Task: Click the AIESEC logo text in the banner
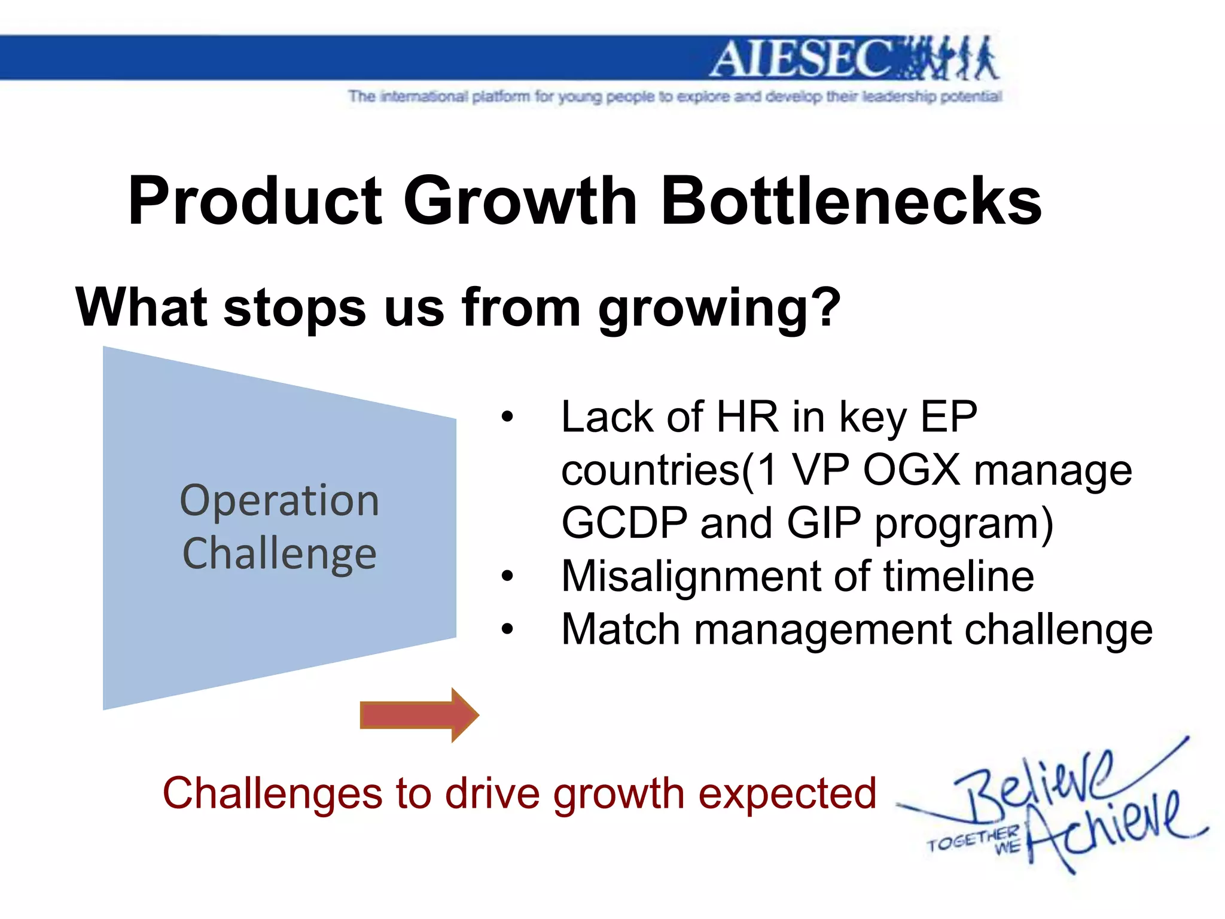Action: [802, 59]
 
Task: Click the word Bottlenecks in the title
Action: [852, 201]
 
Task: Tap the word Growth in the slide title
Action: [520, 201]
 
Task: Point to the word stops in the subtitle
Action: [294, 309]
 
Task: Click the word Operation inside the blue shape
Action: [279, 501]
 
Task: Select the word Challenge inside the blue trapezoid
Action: [279, 554]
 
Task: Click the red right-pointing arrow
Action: [419, 715]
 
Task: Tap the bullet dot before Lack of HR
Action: [507, 417]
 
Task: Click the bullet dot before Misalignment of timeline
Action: [507, 577]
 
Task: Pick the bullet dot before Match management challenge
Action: [507, 629]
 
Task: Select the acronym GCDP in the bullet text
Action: [624, 523]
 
